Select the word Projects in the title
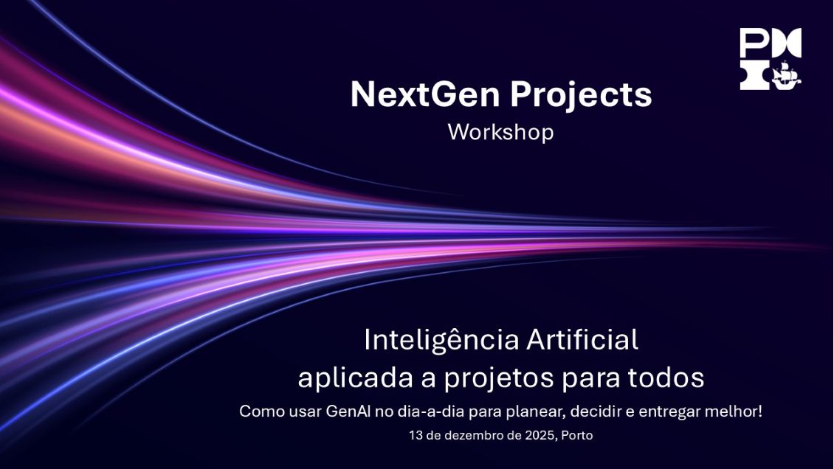tap(581, 95)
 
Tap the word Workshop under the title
tap(500, 133)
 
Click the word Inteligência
tap(441, 340)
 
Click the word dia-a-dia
tap(424, 411)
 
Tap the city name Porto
tap(577, 436)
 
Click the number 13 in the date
tap(416, 436)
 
